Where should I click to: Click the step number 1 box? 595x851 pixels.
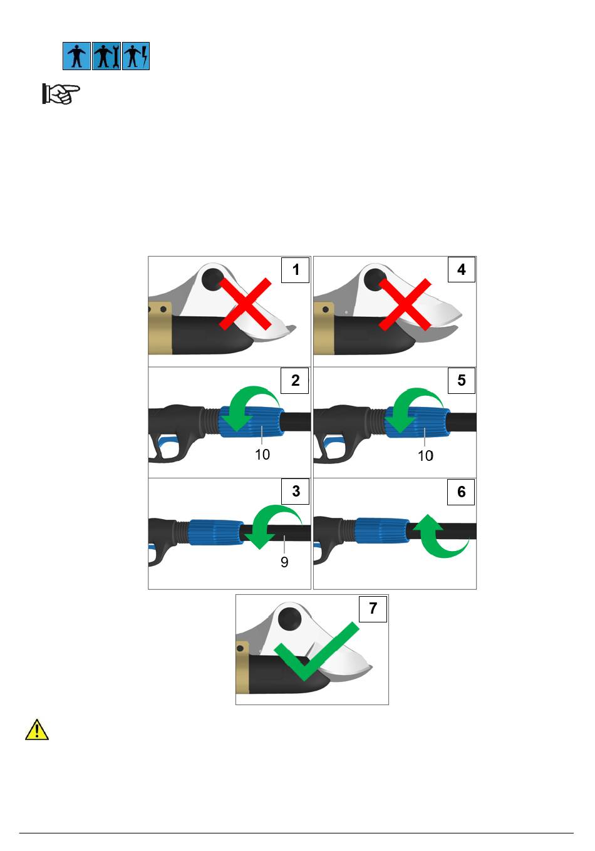[x=295, y=270]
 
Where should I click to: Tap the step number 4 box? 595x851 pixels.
[x=461, y=269]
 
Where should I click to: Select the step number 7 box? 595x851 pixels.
[x=373, y=609]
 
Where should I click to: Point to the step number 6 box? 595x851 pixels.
[x=461, y=492]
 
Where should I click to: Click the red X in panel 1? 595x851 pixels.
[x=246, y=304]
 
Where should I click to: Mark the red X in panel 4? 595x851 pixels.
[x=405, y=304]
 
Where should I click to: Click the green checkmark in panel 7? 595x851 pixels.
[x=316, y=651]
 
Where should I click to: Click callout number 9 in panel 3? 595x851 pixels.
[x=284, y=562]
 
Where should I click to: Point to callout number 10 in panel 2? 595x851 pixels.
[x=262, y=455]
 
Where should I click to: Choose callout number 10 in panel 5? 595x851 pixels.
[x=425, y=456]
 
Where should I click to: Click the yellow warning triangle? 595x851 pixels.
[x=37, y=730]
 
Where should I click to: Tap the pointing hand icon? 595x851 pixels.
[x=61, y=93]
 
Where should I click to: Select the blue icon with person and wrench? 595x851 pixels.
[x=106, y=56]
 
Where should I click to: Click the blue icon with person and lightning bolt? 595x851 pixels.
[x=136, y=56]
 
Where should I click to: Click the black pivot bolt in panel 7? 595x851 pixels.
[x=289, y=619]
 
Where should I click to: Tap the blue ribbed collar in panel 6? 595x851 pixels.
[x=382, y=531]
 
